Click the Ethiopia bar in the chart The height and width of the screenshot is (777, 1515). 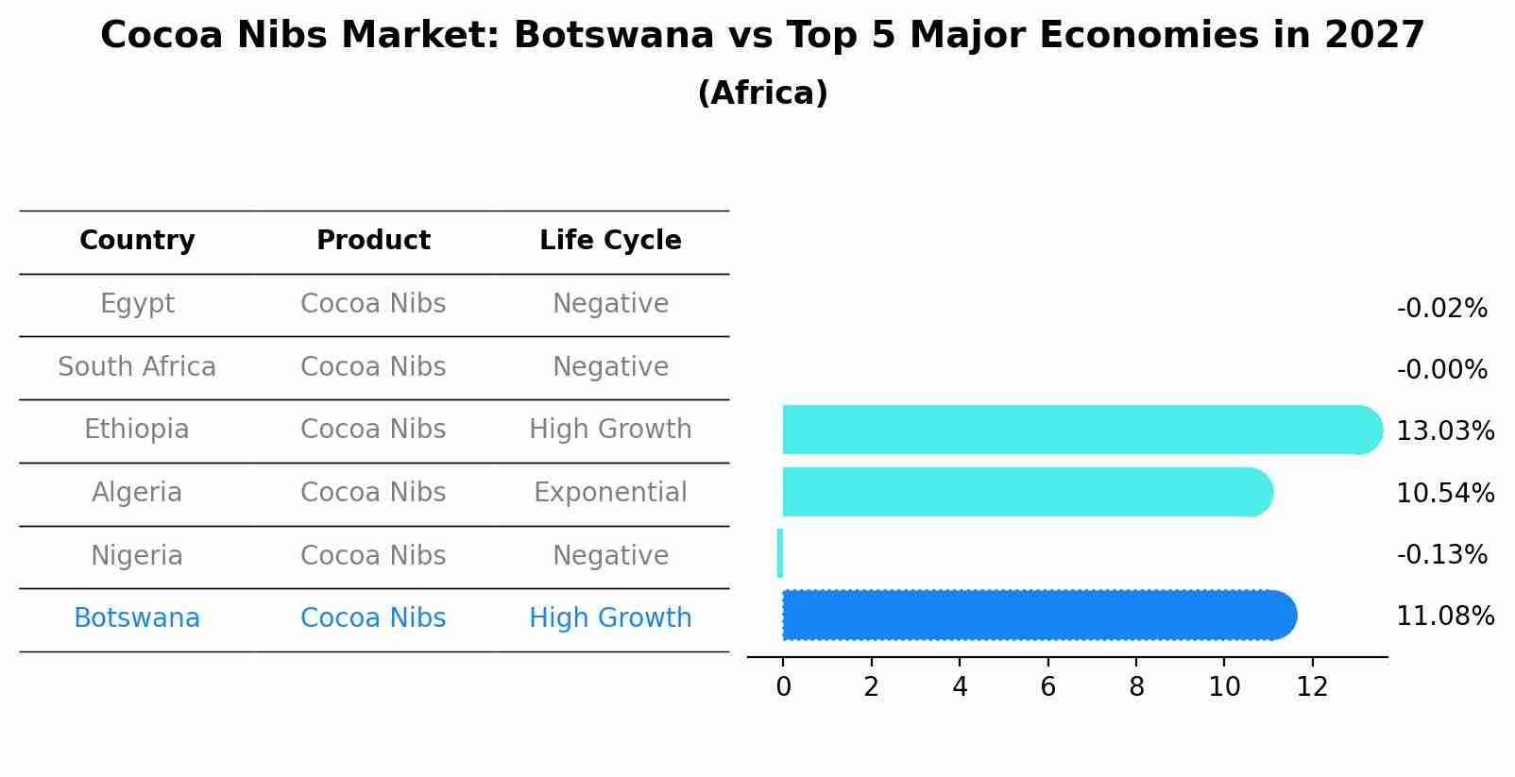click(1077, 430)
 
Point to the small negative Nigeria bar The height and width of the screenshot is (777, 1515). click(780, 553)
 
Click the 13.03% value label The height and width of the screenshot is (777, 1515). click(1444, 431)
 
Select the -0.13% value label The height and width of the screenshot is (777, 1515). click(1441, 555)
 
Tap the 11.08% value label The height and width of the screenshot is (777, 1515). click(1444, 617)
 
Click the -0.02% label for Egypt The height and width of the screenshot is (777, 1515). click(1441, 309)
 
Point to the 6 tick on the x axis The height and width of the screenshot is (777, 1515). click(1047, 687)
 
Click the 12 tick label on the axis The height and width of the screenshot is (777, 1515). click(1312, 687)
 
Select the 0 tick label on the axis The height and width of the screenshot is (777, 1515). click(783, 687)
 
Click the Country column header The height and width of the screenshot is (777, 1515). click(137, 241)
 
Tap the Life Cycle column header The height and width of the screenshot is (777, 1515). click(610, 241)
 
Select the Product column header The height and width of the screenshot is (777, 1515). click(373, 241)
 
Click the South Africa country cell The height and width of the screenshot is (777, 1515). click(137, 367)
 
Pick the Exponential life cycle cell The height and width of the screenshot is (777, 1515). click(610, 493)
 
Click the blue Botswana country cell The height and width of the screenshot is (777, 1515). click(137, 618)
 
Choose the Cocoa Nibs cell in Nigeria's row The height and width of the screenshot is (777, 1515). click(373, 556)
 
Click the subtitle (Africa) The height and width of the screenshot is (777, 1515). click(762, 93)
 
